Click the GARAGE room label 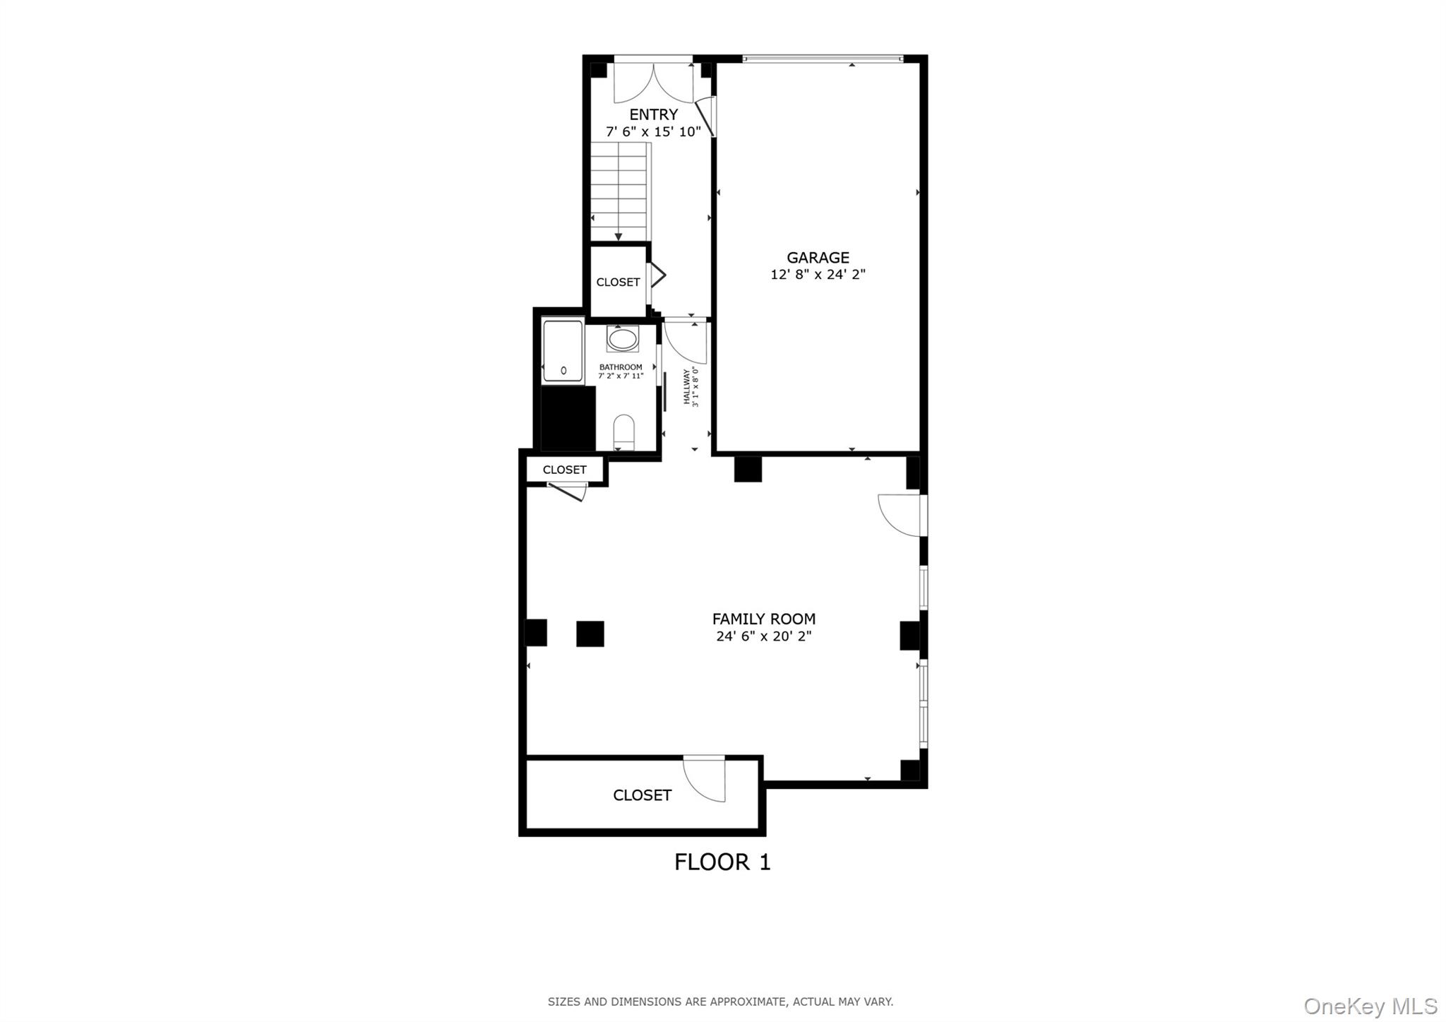(818, 258)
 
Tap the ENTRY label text (653, 114)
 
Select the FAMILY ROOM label (763, 619)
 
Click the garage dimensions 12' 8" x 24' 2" (818, 275)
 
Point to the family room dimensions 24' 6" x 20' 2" (763, 636)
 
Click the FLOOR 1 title (722, 862)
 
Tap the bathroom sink (622, 339)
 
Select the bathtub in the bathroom (563, 352)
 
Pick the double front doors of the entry (654, 83)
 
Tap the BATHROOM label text (621, 367)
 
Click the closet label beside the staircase (618, 282)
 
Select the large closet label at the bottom (642, 795)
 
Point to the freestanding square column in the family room (590, 634)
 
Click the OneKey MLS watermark (1370, 1006)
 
